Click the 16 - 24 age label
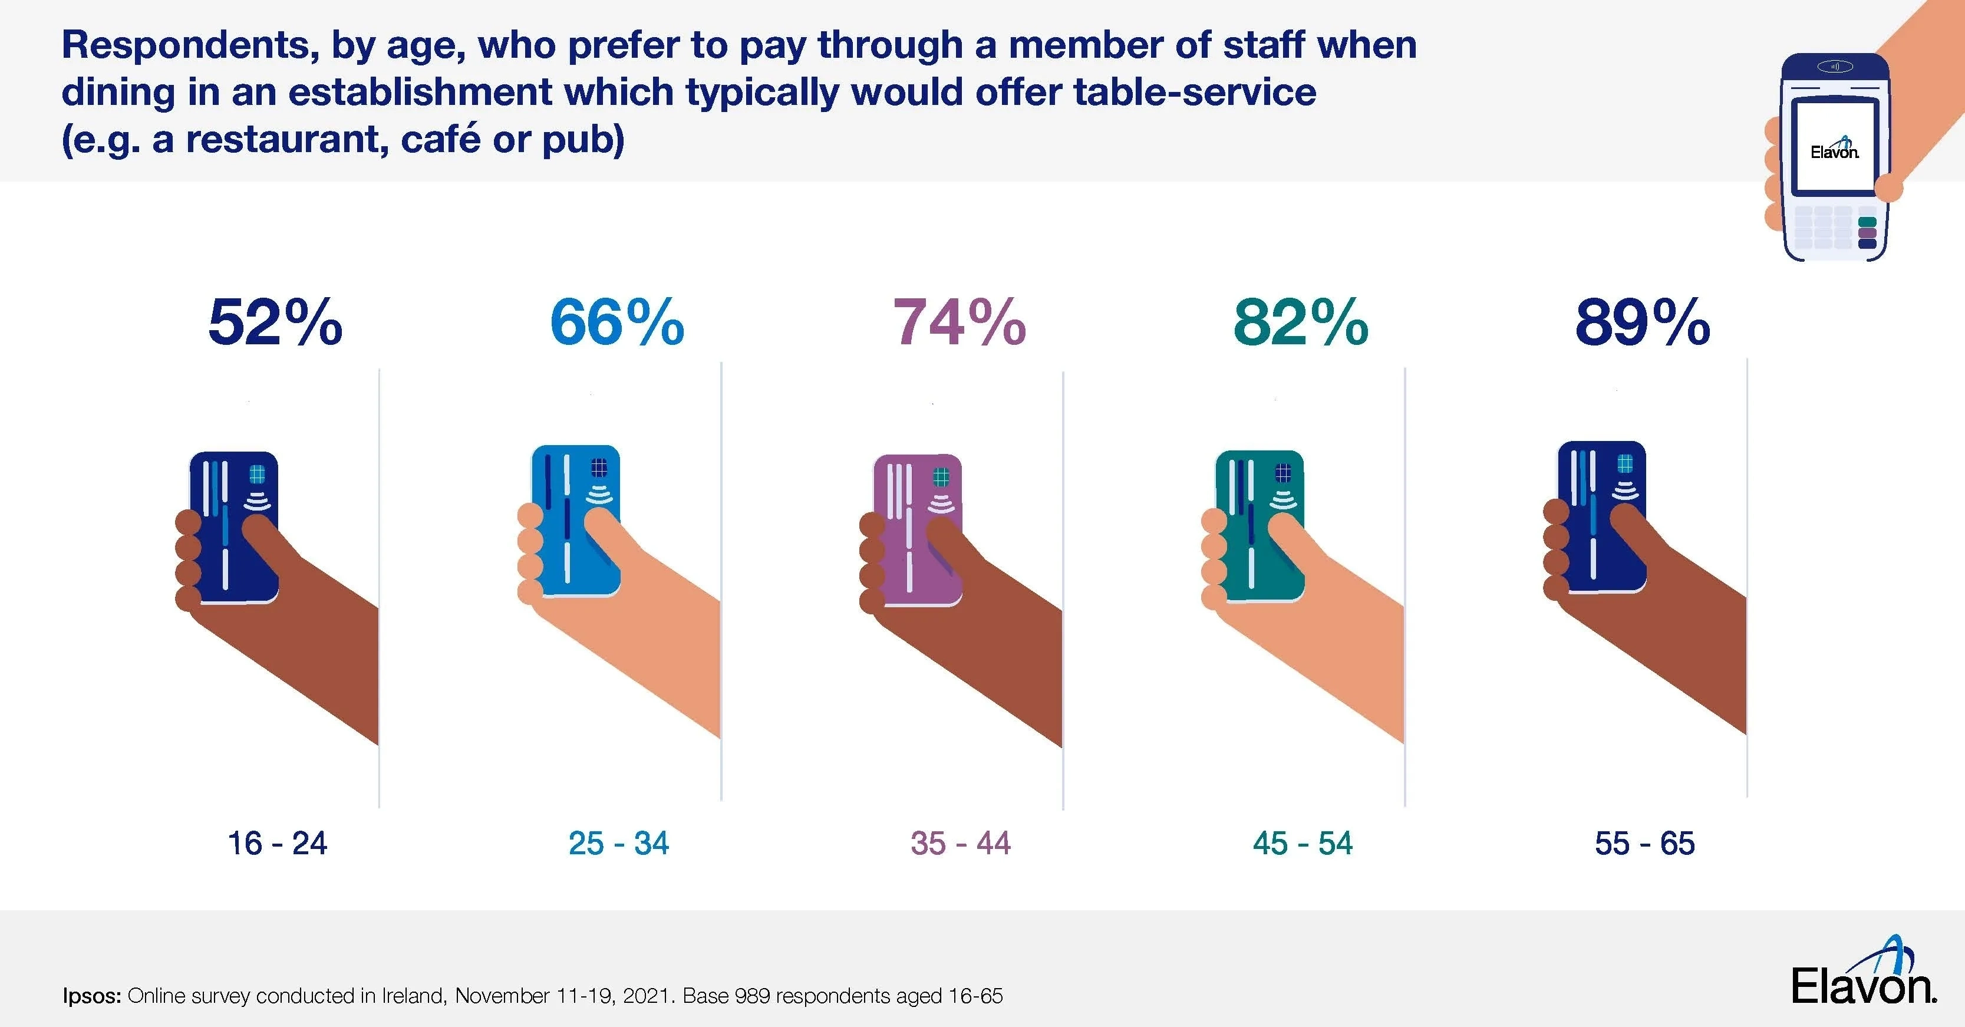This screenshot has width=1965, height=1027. [277, 843]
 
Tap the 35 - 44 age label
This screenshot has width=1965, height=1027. [960, 843]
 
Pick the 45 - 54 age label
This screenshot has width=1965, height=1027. [1302, 843]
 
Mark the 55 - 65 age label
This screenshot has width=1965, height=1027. [1644, 843]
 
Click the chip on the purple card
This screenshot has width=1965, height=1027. [941, 478]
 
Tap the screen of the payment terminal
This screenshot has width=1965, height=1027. [1834, 146]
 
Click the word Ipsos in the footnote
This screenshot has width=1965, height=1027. [91, 996]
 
